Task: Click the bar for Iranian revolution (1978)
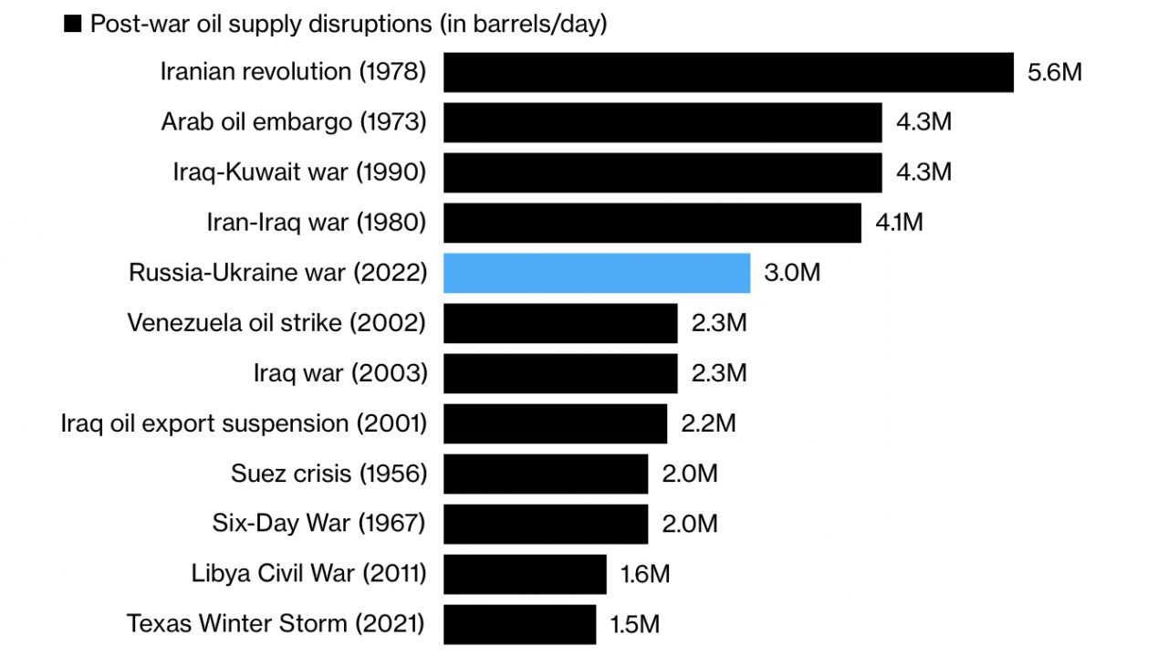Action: (728, 72)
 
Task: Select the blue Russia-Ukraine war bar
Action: (597, 273)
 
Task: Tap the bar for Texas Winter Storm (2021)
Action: (519, 624)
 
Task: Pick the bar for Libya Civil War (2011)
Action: (525, 574)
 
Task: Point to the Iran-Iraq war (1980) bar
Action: (652, 223)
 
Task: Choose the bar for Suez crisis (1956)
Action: (546, 474)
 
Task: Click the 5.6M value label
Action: (1054, 72)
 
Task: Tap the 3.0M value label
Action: (792, 273)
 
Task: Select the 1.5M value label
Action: (634, 624)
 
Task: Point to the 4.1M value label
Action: (899, 223)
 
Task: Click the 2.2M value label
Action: (708, 423)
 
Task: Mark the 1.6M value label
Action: (645, 574)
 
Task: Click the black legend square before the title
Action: (73, 25)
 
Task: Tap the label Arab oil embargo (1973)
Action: (294, 122)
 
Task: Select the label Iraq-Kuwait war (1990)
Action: (299, 172)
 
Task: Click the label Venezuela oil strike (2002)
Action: (276, 323)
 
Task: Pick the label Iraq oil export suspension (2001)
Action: (244, 423)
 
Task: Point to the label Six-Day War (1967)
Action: (318, 524)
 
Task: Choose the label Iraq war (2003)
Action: (339, 373)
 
